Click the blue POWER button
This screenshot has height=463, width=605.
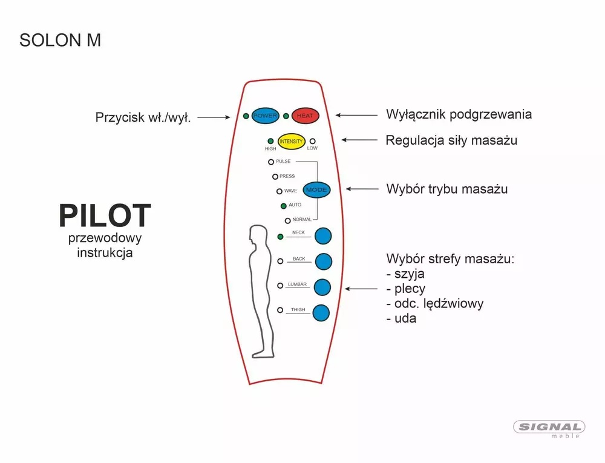point(266,116)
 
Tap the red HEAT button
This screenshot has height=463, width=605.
point(305,116)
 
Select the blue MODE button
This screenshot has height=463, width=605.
point(317,190)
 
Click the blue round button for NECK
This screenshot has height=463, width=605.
point(323,236)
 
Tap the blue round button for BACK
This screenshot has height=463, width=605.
point(323,261)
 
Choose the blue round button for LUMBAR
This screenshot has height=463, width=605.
point(322,287)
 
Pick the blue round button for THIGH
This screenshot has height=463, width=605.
point(321,313)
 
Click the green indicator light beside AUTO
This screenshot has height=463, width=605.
point(284,206)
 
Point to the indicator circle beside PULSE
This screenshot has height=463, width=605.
point(271,162)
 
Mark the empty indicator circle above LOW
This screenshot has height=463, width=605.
point(313,141)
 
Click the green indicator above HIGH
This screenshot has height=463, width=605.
point(270,141)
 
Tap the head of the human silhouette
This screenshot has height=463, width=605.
point(258,234)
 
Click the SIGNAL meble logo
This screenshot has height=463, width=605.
point(549,429)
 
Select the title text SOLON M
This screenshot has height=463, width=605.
point(60,40)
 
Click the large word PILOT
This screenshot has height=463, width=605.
point(105,215)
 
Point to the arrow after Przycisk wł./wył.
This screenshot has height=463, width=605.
point(214,117)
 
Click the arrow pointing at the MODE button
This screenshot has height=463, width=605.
point(362,189)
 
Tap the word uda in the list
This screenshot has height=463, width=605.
point(405,318)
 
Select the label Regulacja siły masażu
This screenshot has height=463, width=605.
point(451,140)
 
